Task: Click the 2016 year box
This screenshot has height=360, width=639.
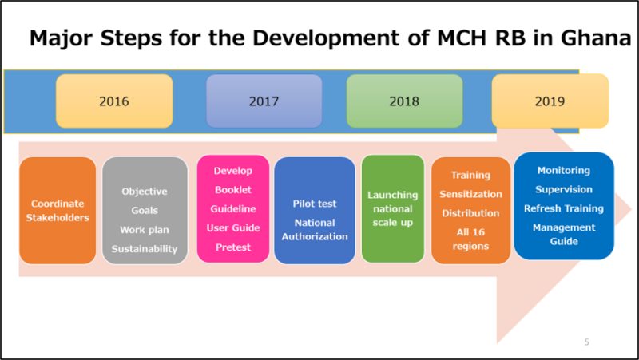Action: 114,101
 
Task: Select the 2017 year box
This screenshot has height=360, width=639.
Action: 264,101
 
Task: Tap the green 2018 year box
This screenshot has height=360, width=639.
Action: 404,101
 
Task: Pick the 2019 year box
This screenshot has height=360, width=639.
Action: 550,101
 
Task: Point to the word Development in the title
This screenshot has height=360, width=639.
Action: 340,38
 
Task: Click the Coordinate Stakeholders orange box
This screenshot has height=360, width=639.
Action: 58,211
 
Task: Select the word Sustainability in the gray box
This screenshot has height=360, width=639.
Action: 145,249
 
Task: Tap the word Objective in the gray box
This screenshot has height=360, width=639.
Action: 145,192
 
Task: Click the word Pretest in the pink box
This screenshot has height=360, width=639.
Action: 233,247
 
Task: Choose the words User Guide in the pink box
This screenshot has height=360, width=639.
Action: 233,227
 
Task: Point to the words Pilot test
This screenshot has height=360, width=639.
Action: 315,204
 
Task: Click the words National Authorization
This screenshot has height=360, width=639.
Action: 315,230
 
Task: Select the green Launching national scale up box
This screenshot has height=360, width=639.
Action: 393,209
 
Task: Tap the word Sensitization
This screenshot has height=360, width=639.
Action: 470,194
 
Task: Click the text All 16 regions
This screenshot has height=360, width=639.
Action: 470,239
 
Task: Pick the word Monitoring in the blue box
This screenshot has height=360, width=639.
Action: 564,170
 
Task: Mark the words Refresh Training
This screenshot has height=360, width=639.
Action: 564,208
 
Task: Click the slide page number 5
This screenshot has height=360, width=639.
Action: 587,342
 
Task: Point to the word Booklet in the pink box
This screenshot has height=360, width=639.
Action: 233,190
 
